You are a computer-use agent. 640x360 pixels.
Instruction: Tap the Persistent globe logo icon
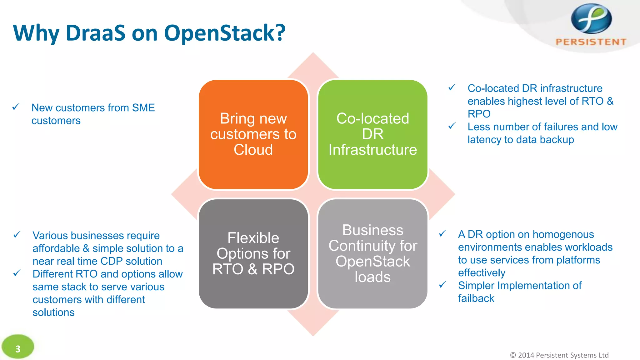[591, 19]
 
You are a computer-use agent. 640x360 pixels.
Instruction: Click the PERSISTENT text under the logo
[591, 42]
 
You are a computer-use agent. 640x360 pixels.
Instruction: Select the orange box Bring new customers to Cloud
[253, 134]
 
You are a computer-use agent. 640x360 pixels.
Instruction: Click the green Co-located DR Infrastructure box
[372, 134]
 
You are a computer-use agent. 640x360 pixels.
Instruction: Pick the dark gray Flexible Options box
[253, 254]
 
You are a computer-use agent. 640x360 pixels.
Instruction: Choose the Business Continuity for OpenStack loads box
[372, 254]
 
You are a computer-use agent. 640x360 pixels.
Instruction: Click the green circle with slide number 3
[18, 347]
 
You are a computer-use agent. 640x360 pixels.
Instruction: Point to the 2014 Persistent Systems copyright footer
[559, 355]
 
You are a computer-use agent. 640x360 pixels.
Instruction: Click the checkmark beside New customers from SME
[16, 107]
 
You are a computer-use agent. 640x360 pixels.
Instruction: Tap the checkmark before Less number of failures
[452, 126]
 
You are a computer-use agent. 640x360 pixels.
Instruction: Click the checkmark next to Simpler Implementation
[442, 285]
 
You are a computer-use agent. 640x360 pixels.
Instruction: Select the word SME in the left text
[143, 108]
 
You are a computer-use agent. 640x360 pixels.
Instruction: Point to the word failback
[476, 298]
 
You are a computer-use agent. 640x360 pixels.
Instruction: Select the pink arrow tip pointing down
[313, 327]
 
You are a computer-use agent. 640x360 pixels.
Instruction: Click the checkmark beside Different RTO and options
[17, 273]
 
